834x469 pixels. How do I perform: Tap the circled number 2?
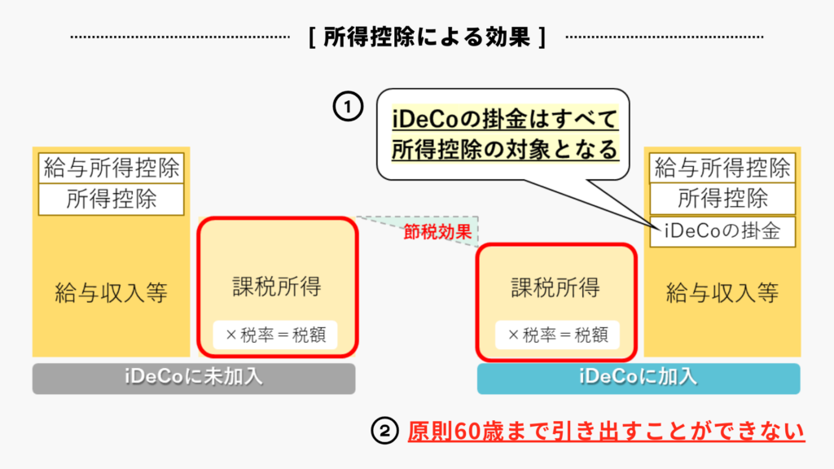pos(383,431)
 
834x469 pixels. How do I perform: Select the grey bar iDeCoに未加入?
pos(194,379)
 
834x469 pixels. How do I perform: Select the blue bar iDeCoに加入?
pos(638,379)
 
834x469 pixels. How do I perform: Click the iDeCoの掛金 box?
pos(722,231)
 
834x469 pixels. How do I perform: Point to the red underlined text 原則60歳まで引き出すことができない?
pos(606,431)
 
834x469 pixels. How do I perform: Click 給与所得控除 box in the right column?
pos(722,168)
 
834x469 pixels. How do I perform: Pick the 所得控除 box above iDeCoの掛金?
pos(722,199)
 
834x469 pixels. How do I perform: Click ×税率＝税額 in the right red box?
pos(557,334)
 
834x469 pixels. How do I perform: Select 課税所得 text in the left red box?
pos(277,287)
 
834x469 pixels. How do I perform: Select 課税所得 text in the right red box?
pos(555,287)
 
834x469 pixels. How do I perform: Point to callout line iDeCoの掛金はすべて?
pos(505,121)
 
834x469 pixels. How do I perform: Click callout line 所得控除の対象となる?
pos(505,150)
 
